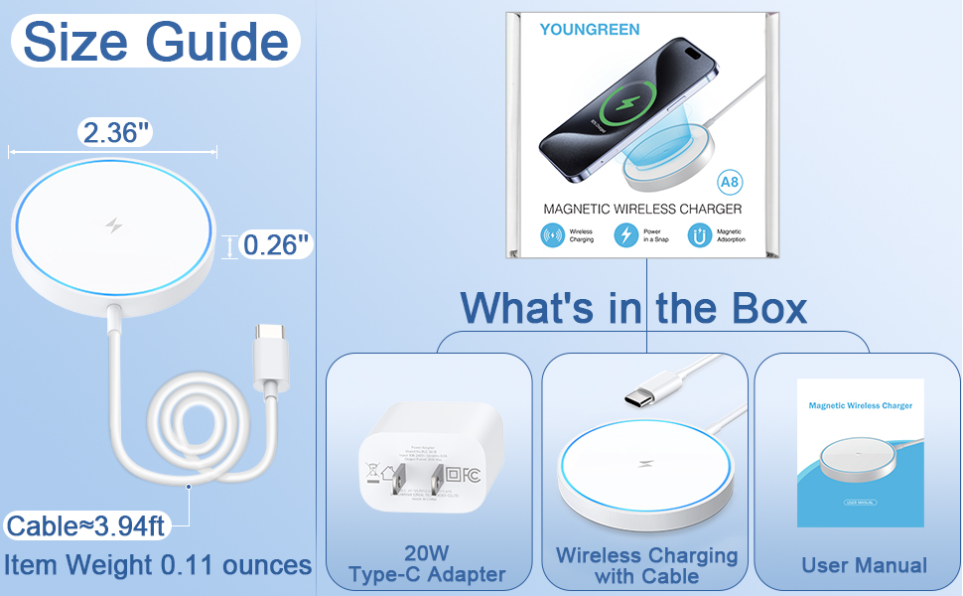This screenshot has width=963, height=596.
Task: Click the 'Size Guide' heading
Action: click(156, 42)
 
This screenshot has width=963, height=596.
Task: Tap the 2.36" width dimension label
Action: click(116, 133)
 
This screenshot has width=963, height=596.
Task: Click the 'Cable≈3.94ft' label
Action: click(86, 524)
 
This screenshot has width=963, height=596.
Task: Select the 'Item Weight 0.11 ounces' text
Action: click(158, 565)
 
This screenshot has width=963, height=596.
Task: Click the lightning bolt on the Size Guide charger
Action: click(114, 225)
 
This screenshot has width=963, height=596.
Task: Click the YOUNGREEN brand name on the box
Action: click(590, 30)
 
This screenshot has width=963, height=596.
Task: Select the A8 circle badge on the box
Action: click(730, 183)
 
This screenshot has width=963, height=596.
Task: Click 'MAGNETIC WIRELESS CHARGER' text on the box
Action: click(642, 210)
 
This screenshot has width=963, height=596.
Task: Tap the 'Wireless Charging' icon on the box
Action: click(552, 235)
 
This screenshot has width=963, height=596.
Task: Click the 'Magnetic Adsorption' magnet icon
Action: click(699, 235)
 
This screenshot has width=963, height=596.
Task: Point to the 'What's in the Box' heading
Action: click(633, 307)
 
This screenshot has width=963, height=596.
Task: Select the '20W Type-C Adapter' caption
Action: click(427, 564)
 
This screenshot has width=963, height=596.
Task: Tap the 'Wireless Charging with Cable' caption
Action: click(646, 565)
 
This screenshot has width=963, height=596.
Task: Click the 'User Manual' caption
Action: click(864, 565)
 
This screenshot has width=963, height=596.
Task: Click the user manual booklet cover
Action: click(861, 452)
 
